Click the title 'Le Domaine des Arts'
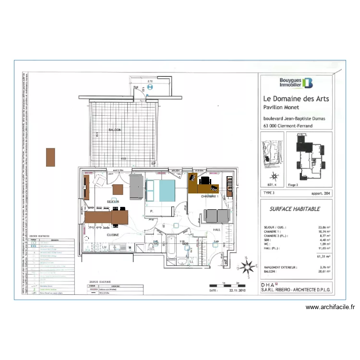point(296,99)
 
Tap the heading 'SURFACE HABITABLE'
point(295,209)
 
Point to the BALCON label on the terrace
point(114,130)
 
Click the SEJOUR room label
point(113,201)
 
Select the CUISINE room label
point(113,235)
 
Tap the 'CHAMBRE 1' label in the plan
point(210,196)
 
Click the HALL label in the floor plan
point(216,230)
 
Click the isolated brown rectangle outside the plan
point(50,157)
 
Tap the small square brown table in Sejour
point(118,189)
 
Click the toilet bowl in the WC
point(152,247)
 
